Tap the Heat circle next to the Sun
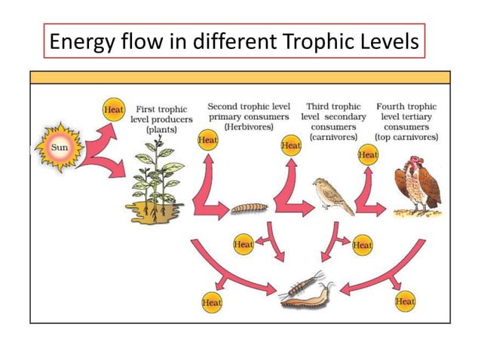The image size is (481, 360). [x=113, y=110]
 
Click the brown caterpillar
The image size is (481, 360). [x=246, y=206]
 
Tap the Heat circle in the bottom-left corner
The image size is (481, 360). [x=212, y=302]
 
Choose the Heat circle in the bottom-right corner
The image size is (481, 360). [x=405, y=301]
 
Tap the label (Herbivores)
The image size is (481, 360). [x=248, y=127]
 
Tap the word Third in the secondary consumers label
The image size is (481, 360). [x=320, y=107]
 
